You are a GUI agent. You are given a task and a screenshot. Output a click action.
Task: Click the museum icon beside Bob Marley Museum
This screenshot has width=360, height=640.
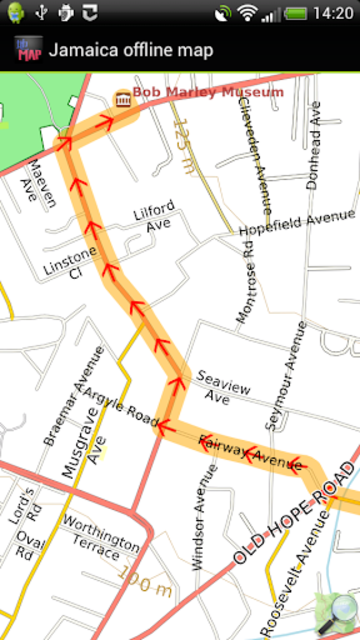pos(123,96)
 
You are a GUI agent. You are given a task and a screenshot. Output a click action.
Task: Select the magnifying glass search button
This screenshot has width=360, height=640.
pos(338,611)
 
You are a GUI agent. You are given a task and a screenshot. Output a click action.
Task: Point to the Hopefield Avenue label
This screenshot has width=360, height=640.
pos(297,224)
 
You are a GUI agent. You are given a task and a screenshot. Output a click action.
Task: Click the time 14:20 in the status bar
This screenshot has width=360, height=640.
pos(332,14)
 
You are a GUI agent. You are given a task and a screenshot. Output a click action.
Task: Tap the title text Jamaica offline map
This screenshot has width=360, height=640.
pos(130,51)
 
